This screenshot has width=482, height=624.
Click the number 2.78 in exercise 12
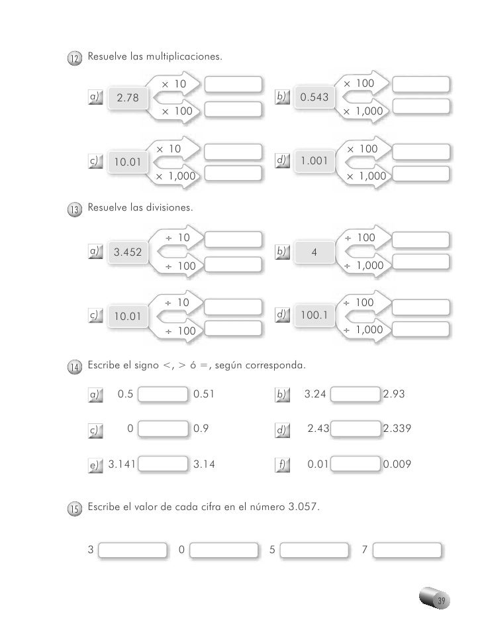pos(128,99)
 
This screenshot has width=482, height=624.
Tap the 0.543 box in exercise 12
pos(315,98)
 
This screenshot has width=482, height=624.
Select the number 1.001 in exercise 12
pos(315,161)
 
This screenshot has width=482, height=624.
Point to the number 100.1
pos(315,316)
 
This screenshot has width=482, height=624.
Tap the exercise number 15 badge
pos(74,509)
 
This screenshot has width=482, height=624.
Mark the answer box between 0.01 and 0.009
pos(355,466)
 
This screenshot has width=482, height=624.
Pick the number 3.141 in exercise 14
pos(122,465)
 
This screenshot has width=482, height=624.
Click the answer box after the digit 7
pos(410,551)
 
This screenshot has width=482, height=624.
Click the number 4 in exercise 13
pos(314,252)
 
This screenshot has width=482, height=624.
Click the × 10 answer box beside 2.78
pos(234,85)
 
